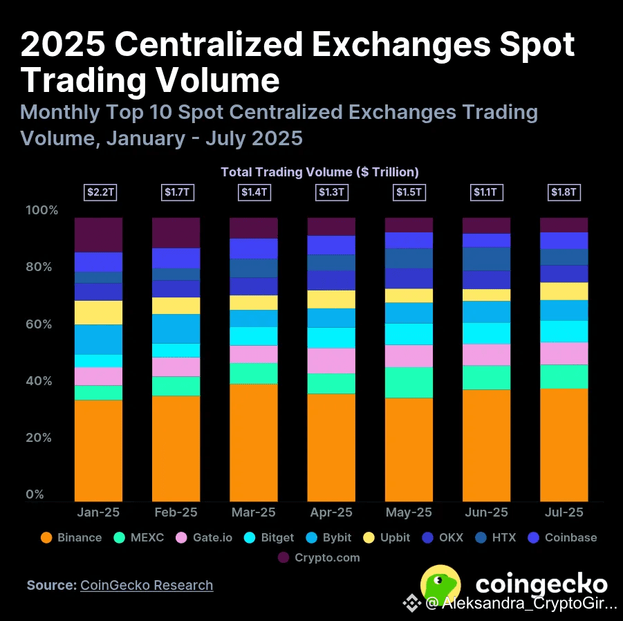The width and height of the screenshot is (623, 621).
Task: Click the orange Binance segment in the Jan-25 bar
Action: click(99, 450)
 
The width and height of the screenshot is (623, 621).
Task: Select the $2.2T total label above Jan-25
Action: click(99, 192)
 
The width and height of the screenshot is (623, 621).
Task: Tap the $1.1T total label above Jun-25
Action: click(486, 192)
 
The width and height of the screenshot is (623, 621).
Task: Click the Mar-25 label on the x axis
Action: click(254, 512)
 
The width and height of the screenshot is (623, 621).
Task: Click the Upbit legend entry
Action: click(387, 537)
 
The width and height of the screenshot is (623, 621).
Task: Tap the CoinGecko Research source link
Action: click(147, 585)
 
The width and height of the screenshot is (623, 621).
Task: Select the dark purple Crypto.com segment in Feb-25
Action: click(176, 232)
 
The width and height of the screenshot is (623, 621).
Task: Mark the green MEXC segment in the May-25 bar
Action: click(409, 382)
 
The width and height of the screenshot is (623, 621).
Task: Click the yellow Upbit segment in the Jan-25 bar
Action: click(99, 313)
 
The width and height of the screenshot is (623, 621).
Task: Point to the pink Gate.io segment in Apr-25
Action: click(331, 360)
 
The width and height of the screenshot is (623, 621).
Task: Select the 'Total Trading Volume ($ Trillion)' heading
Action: click(319, 172)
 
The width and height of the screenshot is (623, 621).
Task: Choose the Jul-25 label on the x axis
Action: click(564, 512)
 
